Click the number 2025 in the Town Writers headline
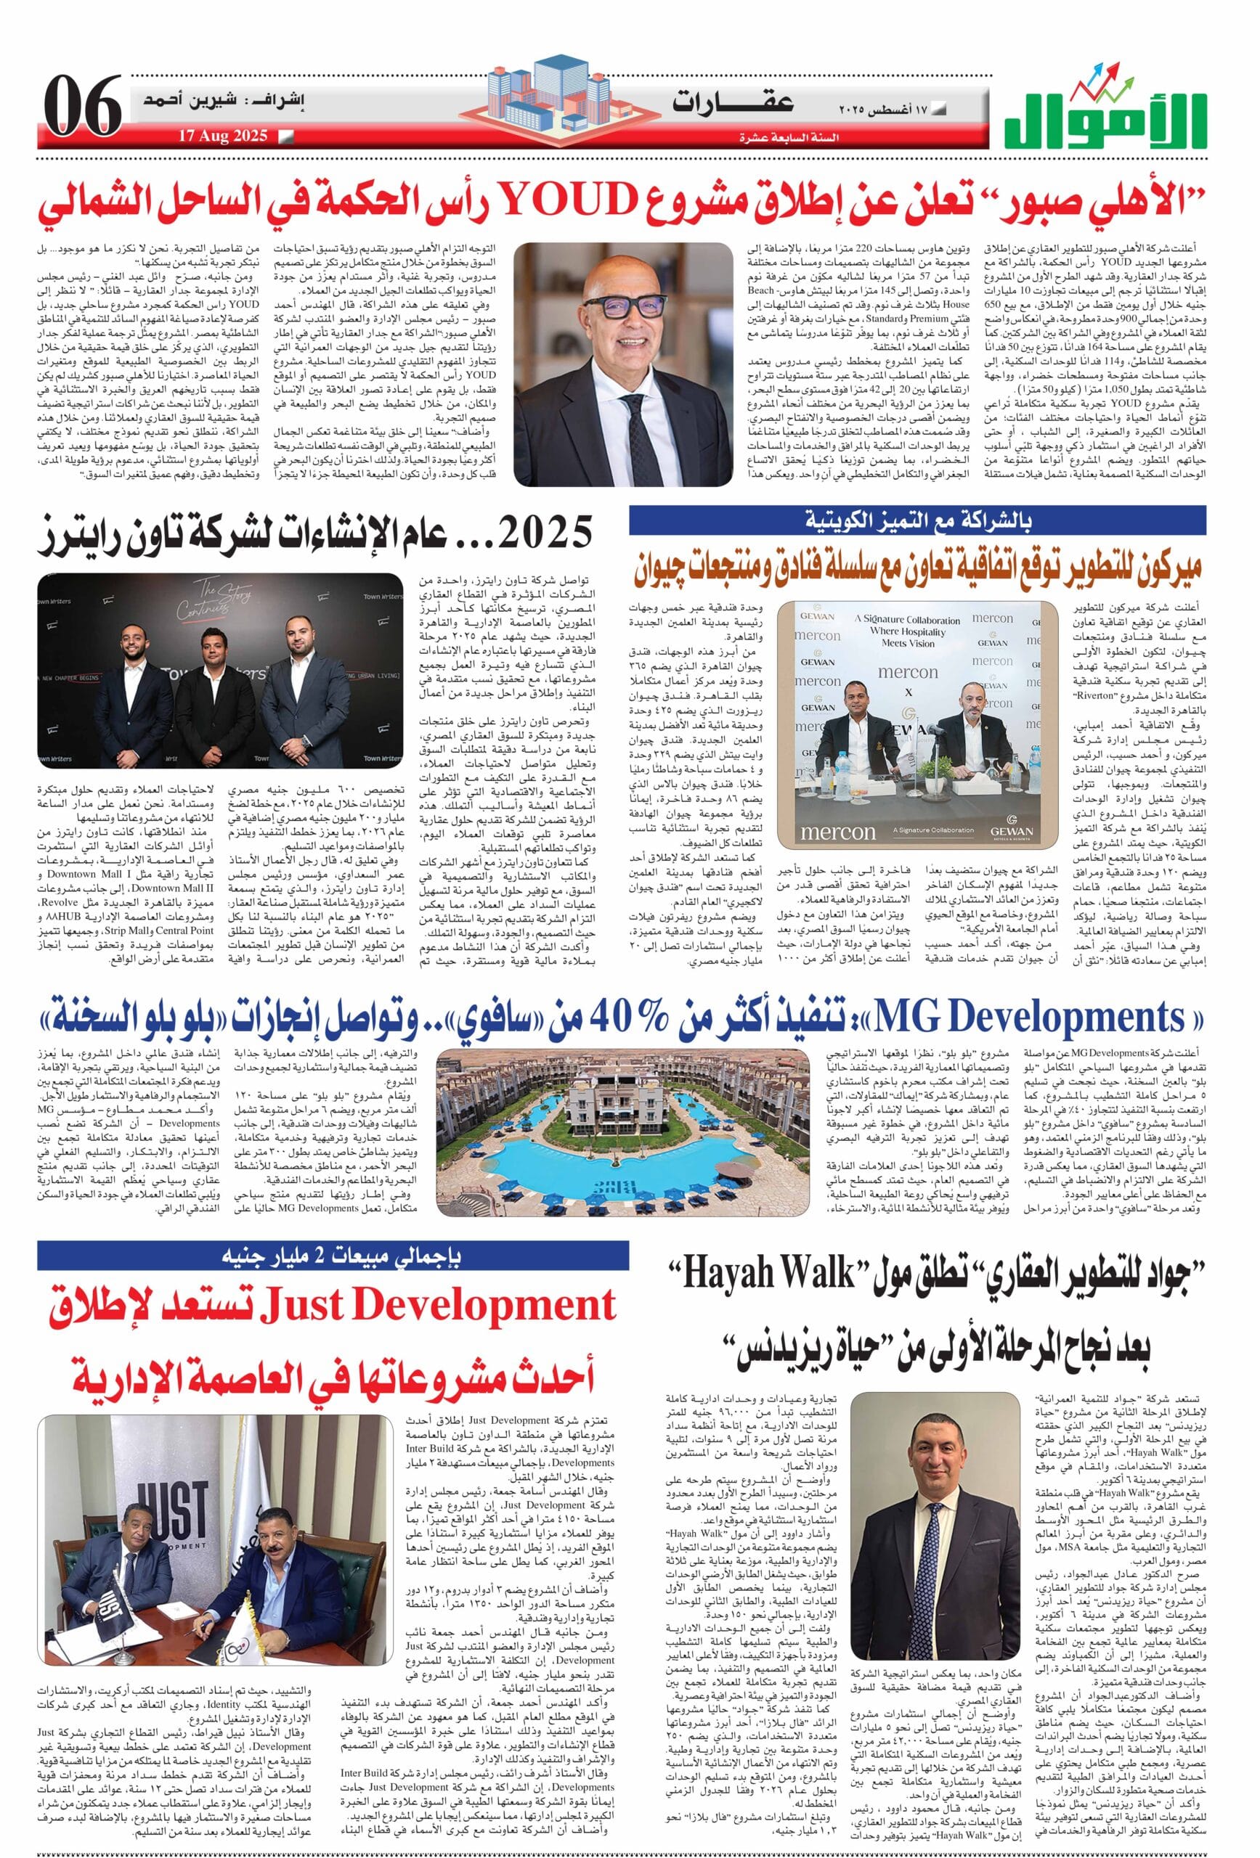click(545, 529)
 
